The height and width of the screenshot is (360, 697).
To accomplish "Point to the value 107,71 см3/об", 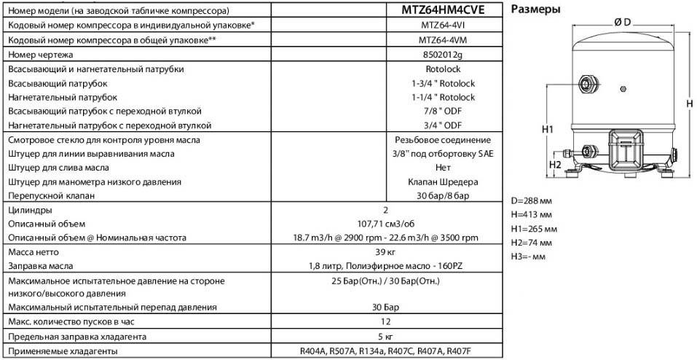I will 385,223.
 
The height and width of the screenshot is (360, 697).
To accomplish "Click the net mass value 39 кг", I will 385,251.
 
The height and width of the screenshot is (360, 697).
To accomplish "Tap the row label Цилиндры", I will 26,209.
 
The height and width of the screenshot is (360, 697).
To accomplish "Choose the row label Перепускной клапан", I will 48,195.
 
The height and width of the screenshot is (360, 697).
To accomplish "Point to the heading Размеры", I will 536,10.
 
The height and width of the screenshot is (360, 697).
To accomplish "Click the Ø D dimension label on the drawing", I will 622,23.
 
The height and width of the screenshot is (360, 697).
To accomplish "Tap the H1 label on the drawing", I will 548,129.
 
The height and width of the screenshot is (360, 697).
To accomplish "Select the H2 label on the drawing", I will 555,165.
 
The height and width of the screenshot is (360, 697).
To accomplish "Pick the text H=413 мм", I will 532,214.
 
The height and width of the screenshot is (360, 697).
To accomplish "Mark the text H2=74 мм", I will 532,242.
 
